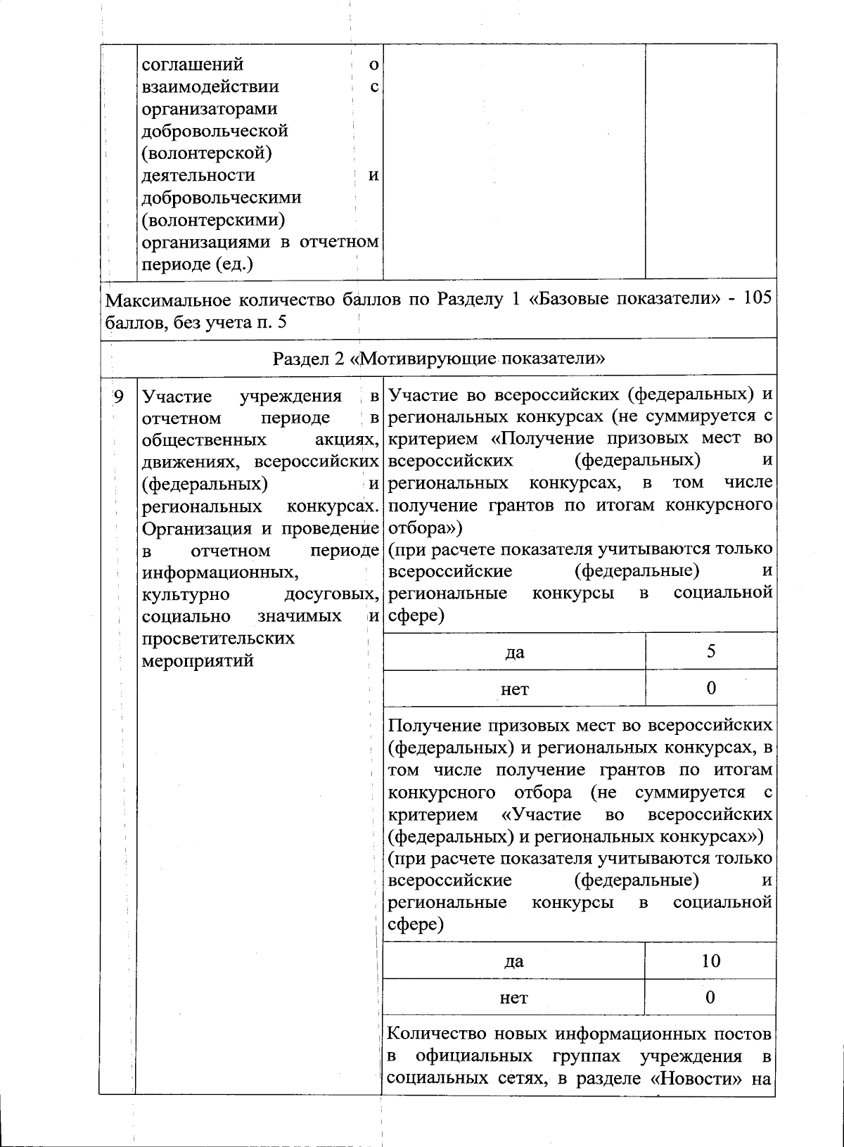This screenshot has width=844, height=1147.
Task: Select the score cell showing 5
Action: tap(711, 651)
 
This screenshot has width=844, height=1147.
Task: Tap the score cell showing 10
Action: tap(711, 961)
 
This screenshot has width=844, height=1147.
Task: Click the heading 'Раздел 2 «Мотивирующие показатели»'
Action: tap(439, 358)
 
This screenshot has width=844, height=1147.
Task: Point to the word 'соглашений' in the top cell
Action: tap(193, 65)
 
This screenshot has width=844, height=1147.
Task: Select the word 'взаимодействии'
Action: tap(210, 86)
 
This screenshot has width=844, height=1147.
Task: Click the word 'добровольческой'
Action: tap(215, 131)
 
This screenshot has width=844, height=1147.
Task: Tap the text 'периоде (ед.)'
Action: tap(198, 264)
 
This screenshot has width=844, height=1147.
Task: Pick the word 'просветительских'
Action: tap(218, 639)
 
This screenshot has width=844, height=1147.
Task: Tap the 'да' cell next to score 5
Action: tap(514, 652)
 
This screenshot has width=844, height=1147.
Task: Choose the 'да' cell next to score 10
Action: tap(514, 961)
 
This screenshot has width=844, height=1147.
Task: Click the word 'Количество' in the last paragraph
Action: tap(432, 1034)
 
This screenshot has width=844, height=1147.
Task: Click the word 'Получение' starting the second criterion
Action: tap(431, 725)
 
